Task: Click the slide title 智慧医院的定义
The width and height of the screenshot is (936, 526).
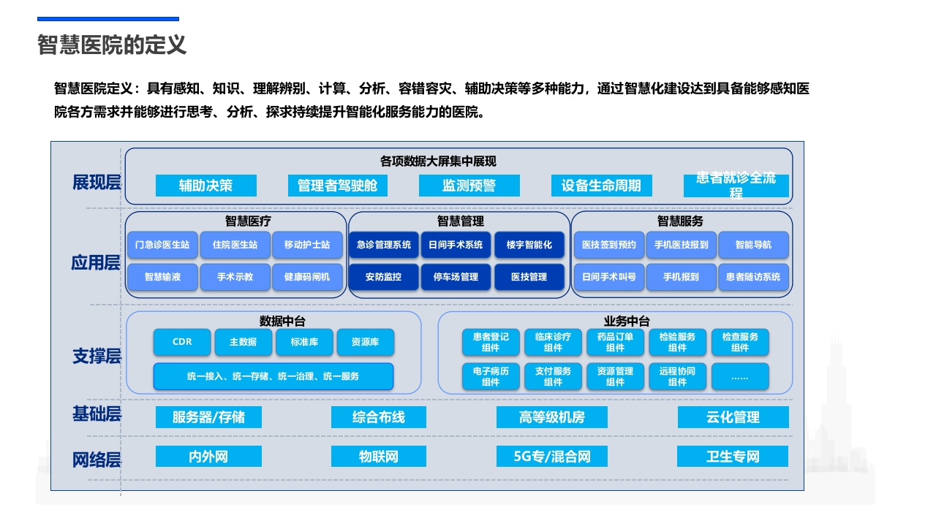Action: click(112, 45)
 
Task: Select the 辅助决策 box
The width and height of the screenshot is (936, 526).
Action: click(206, 186)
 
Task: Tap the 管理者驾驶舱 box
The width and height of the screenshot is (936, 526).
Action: click(338, 186)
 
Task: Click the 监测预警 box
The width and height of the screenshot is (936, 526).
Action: click(469, 186)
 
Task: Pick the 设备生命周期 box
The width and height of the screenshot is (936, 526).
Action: click(601, 186)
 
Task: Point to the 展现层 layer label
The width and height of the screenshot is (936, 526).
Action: click(97, 183)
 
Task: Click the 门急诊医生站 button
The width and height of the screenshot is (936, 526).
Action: click(162, 245)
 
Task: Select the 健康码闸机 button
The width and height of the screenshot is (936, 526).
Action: click(307, 277)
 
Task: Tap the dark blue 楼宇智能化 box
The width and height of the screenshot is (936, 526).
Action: click(529, 245)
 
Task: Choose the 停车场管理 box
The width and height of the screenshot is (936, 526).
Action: click(456, 277)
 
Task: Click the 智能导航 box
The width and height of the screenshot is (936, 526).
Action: click(753, 245)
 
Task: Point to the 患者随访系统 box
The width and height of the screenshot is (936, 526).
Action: click(753, 277)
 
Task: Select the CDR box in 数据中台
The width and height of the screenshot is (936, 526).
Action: click(182, 342)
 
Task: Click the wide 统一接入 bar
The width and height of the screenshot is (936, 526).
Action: click(273, 376)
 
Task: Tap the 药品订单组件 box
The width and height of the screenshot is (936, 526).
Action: click(615, 342)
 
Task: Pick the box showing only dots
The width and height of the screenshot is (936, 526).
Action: click(740, 376)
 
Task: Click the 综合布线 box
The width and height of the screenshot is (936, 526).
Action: click(379, 417)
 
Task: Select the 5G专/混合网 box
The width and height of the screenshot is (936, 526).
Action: click(552, 457)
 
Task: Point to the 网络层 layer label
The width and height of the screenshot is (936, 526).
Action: click(97, 460)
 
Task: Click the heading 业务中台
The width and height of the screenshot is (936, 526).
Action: click(627, 321)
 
